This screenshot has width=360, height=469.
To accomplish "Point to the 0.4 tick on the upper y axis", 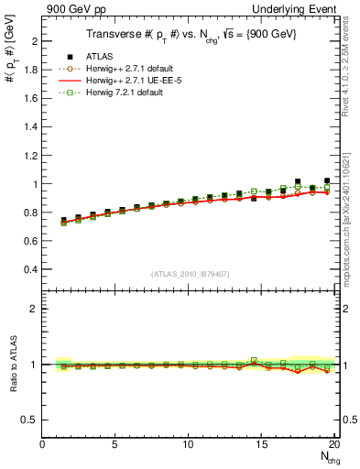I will click(x=33, y=269).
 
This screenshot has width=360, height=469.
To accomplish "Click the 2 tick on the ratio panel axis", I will click(x=37, y=309).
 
